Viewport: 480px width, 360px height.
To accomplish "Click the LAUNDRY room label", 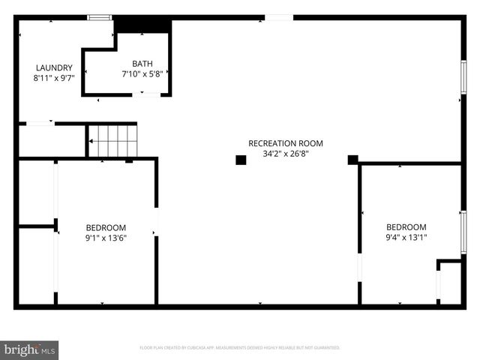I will click(52, 67).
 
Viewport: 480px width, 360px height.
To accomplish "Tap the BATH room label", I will click(142, 64).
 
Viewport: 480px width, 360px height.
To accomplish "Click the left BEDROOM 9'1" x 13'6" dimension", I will click(106, 238).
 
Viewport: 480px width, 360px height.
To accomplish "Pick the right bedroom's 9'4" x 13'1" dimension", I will click(406, 238).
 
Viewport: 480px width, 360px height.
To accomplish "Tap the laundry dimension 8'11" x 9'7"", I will click(52, 77).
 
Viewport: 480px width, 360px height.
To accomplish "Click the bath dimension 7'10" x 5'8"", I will click(142, 74).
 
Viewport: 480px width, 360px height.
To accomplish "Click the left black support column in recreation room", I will click(241, 160).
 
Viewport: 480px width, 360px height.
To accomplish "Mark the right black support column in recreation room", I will click(352, 159).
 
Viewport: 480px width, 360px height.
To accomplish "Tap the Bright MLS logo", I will click(30, 349).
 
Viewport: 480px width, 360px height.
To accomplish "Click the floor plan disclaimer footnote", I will click(240, 348).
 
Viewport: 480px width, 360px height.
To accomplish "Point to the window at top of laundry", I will click(98, 17).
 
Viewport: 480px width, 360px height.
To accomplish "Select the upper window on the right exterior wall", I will click(463, 77).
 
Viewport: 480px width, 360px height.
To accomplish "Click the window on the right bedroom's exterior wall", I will click(463, 232).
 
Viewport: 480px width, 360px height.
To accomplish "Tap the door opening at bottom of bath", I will click(145, 94).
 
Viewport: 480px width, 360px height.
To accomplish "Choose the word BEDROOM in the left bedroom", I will click(106, 228).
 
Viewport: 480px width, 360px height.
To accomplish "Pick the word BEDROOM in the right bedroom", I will click(406, 227).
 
